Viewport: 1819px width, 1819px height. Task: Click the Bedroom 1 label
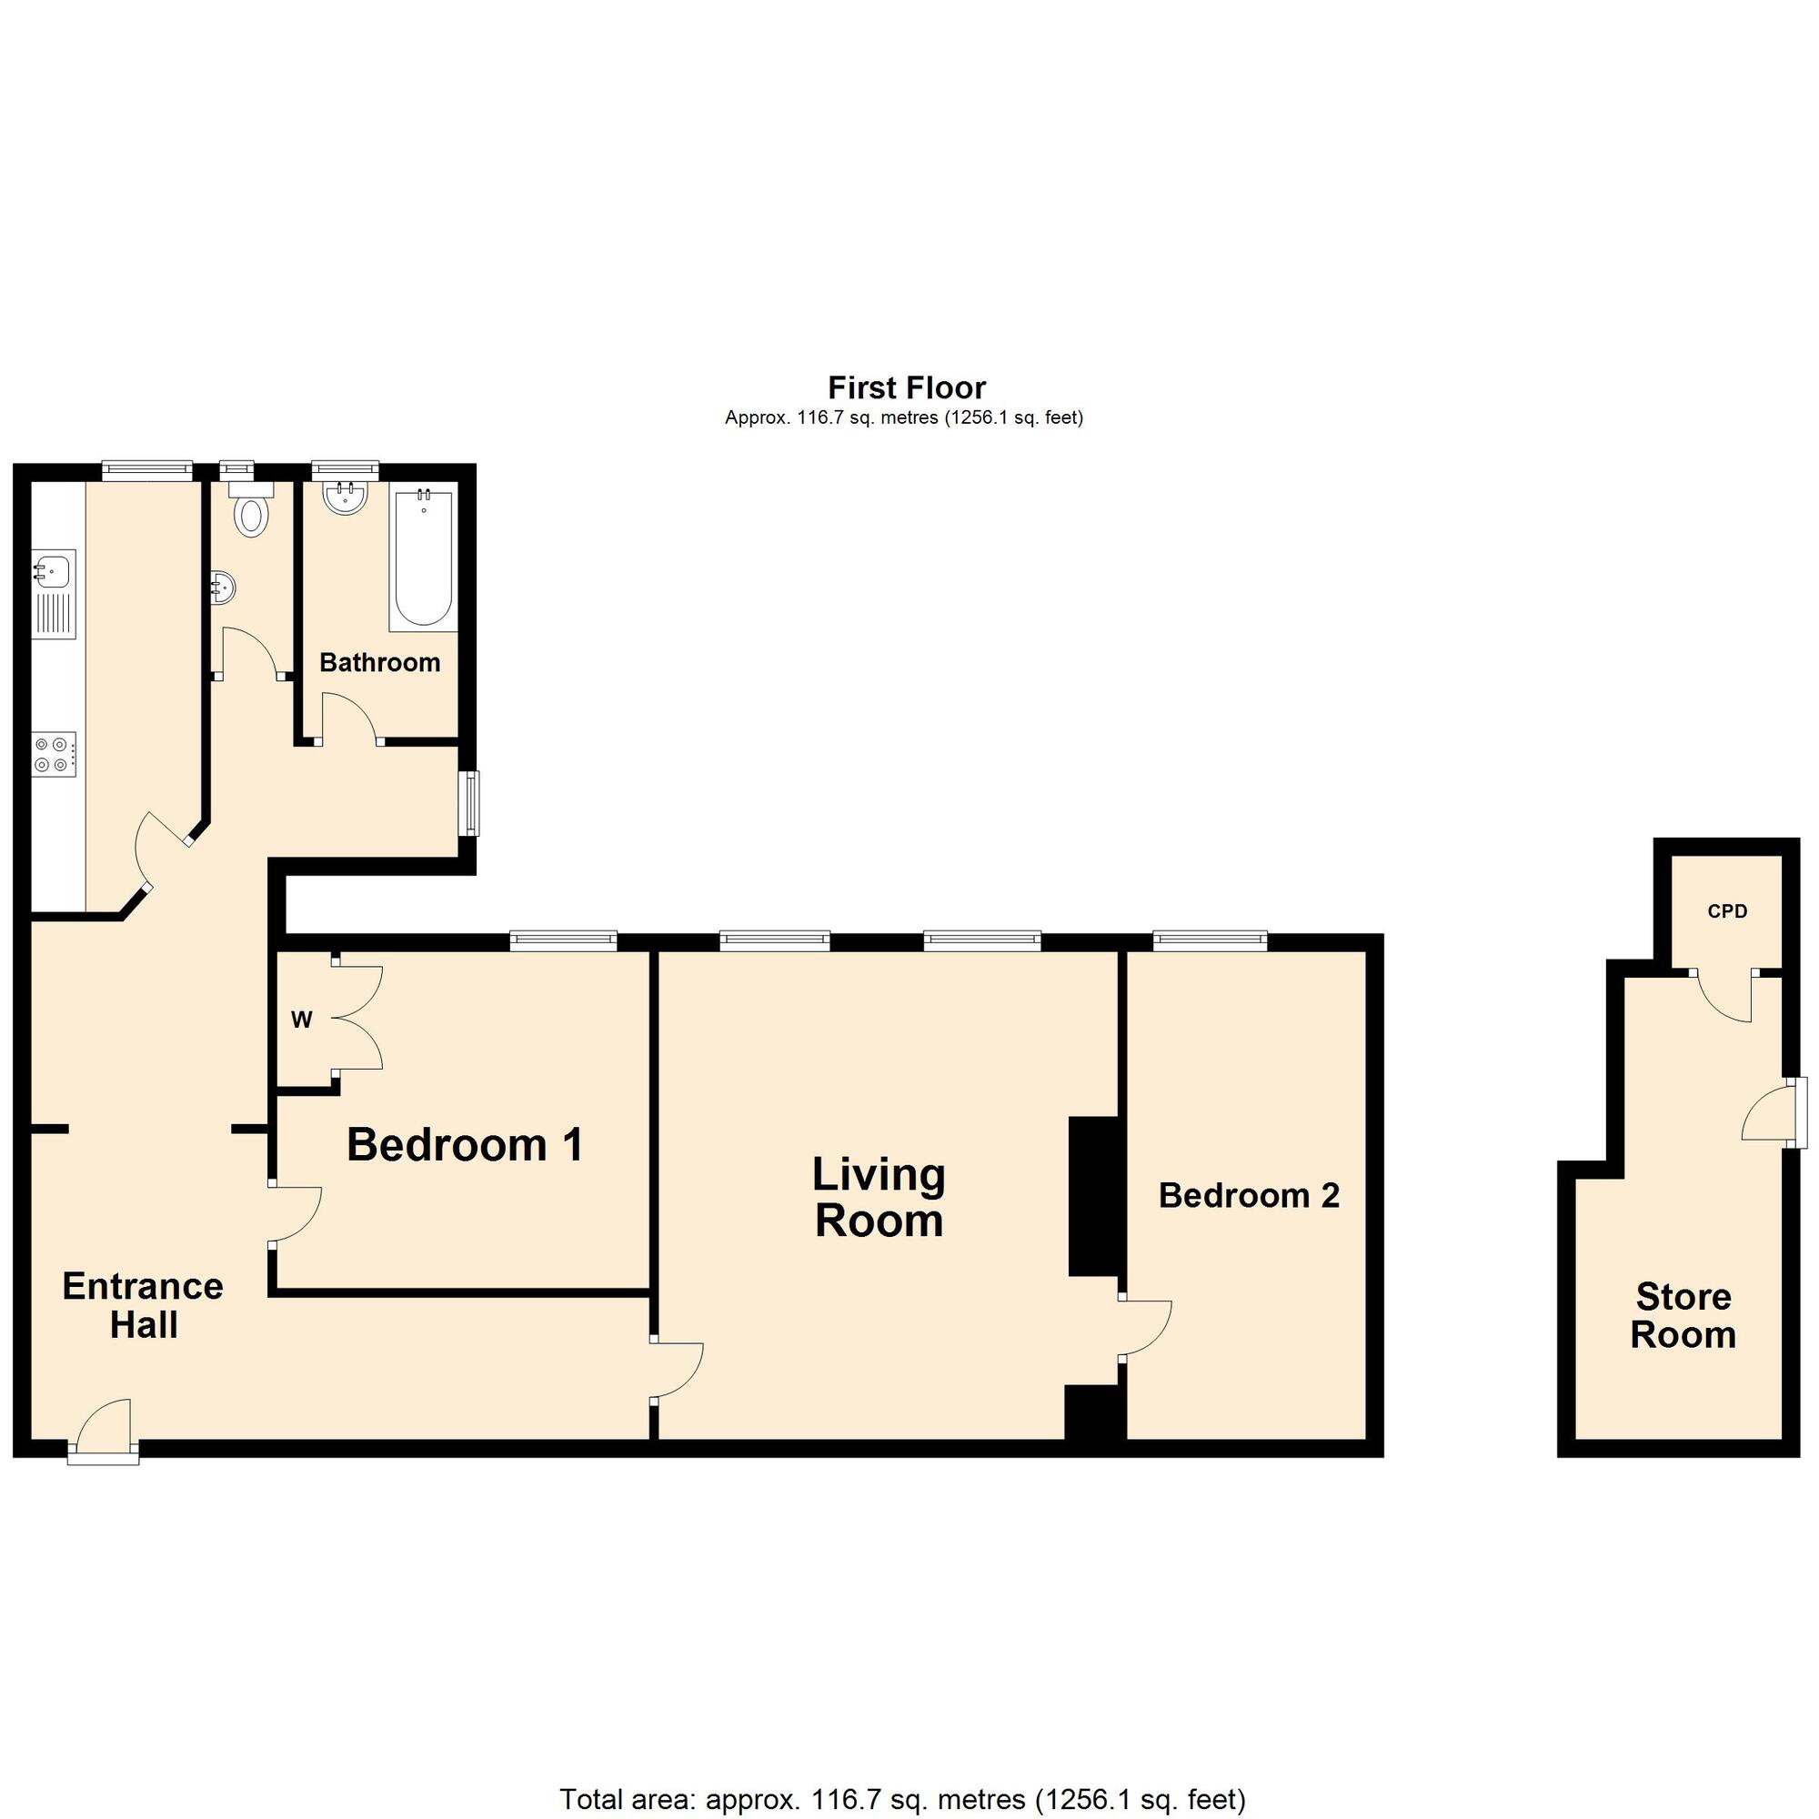[x=465, y=1145]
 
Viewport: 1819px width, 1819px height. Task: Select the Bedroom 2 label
[x=1249, y=1196]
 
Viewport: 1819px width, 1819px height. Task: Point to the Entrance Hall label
[x=143, y=1305]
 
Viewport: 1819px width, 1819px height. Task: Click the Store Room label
[x=1683, y=1315]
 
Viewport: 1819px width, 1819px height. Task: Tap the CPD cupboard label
[x=1728, y=911]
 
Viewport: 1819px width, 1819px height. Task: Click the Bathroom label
[x=379, y=663]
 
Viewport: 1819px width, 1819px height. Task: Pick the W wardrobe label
[x=301, y=1020]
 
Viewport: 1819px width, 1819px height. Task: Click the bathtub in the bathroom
[x=424, y=559]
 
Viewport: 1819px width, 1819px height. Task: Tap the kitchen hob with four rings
[x=55, y=755]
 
